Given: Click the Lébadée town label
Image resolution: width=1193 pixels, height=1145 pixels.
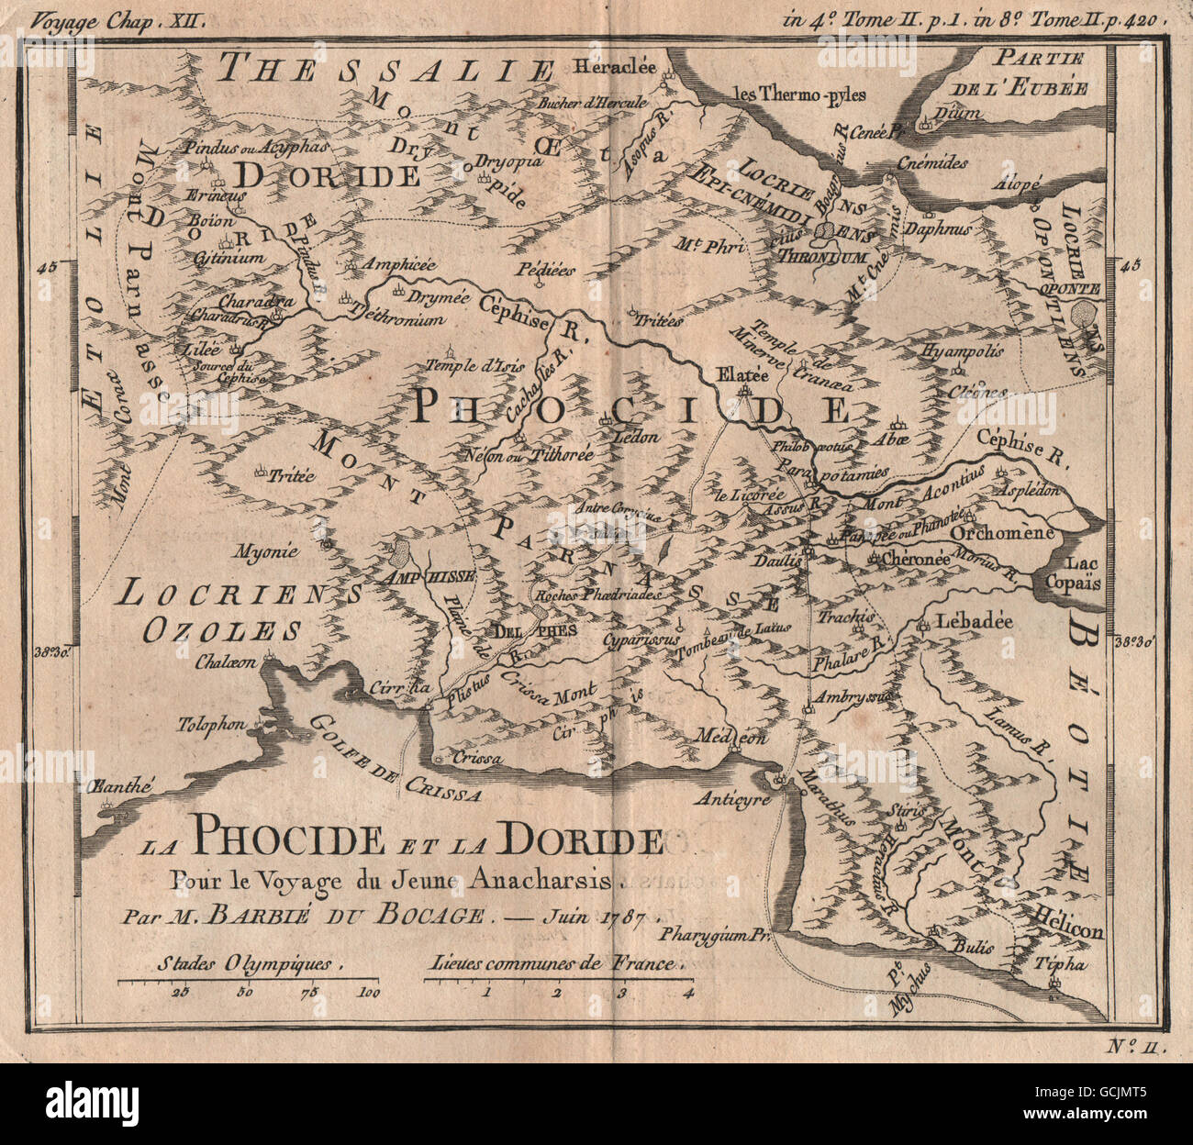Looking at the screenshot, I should [974, 622].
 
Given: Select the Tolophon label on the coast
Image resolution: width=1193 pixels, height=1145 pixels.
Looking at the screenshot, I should [212, 725].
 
